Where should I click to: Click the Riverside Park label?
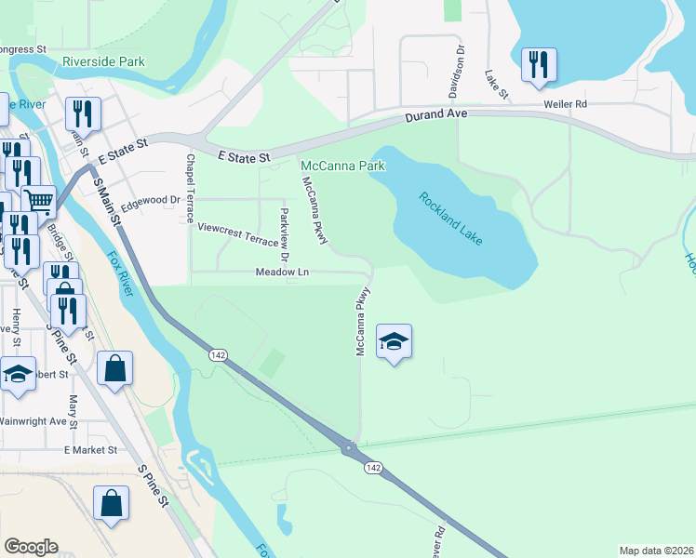(103, 62)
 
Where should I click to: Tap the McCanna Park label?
(342, 166)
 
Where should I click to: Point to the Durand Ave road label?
(435, 116)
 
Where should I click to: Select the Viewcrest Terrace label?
(231, 232)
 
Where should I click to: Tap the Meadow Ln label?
(282, 272)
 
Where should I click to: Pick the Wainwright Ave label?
(33, 420)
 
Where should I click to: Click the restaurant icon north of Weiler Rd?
(539, 65)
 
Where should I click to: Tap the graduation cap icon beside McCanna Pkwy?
(394, 341)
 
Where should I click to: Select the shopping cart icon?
(38, 200)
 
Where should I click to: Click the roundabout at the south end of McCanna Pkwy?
(350, 448)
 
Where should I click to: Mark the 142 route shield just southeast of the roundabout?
(373, 468)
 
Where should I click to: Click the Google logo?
(31, 547)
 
